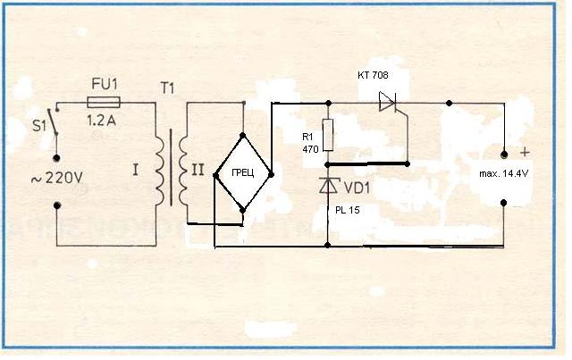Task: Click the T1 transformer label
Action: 167,89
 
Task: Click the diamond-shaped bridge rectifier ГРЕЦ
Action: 242,173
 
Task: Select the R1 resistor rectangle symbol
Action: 328,135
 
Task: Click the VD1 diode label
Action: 357,188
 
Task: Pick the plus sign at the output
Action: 524,151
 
